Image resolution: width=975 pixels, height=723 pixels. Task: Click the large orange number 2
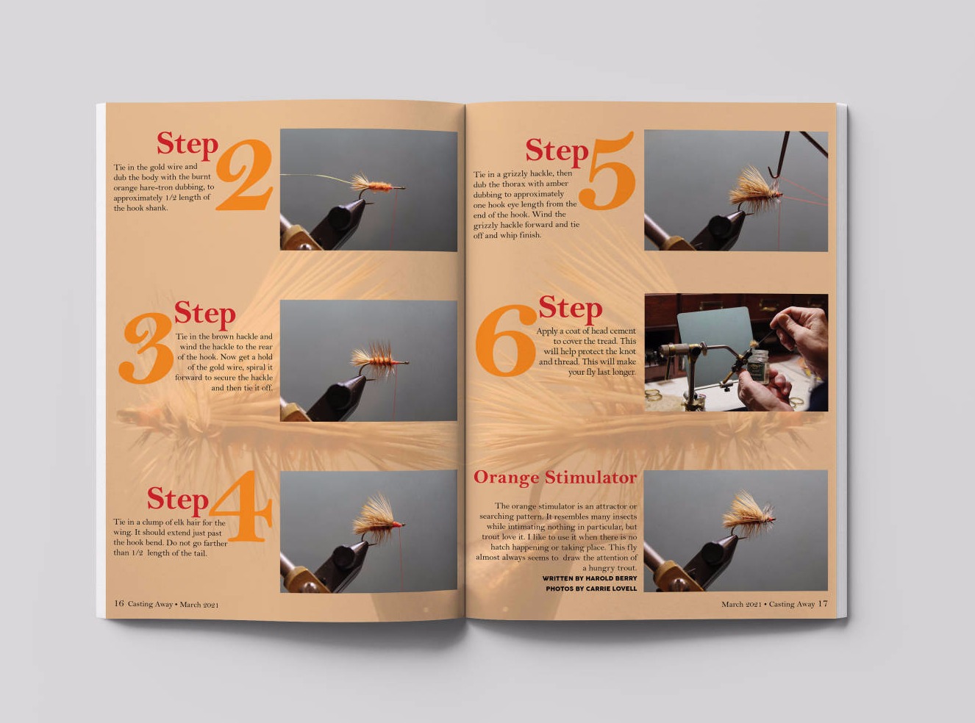[244, 175]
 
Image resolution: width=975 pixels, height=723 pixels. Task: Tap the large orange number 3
[147, 347]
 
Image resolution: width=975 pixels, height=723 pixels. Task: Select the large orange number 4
[241, 506]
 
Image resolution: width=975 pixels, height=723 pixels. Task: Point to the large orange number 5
[607, 170]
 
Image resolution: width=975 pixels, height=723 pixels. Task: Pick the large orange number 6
[507, 340]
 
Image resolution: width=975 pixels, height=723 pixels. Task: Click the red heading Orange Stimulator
[555, 478]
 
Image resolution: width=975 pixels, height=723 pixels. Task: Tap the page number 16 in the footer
[118, 603]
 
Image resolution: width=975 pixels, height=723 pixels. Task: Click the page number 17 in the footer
[823, 603]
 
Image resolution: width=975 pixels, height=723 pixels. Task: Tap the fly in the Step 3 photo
[378, 360]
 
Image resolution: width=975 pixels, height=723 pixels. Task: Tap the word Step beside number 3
[205, 314]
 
